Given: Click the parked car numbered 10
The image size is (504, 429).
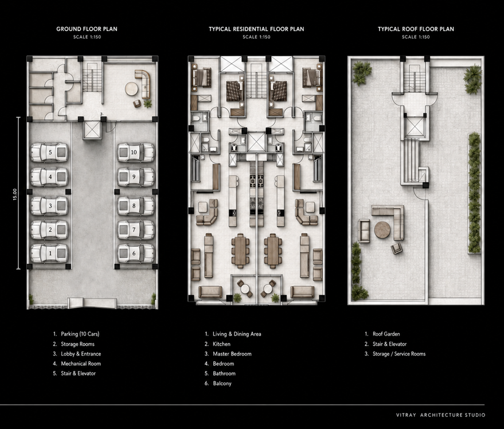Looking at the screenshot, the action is tap(136, 153).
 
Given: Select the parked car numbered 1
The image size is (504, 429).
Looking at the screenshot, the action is tap(49, 253).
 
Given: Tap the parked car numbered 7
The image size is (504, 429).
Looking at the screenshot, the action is tap(136, 229).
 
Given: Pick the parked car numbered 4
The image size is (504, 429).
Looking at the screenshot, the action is tap(49, 177).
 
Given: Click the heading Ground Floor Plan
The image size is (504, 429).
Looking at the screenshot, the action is tap(87, 29).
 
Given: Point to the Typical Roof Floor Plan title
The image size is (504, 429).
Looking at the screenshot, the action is tap(416, 29).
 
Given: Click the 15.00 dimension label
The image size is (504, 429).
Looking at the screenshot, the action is tap(15, 194).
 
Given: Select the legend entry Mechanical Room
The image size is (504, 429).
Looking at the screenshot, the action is tap(81, 364).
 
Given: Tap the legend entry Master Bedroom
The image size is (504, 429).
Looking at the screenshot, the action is tap(232, 354).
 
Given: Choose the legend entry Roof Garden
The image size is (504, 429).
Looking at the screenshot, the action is tap(386, 334).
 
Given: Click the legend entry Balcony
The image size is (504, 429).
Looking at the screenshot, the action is tap(222, 383).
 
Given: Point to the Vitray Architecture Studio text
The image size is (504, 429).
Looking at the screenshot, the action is tap(441, 415).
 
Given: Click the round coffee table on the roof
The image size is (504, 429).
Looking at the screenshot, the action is tap(382, 229).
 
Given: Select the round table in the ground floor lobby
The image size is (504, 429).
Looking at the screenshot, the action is tap(131, 89).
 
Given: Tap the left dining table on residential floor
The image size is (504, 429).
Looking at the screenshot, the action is tap(240, 251).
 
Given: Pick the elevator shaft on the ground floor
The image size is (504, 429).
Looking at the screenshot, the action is tap(92, 130).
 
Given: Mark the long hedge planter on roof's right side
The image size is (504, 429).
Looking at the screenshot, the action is tap(474, 193).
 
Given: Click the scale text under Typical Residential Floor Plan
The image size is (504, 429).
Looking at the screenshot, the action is tap(256, 37).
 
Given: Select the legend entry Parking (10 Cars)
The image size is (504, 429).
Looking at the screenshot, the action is tap(80, 334).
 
